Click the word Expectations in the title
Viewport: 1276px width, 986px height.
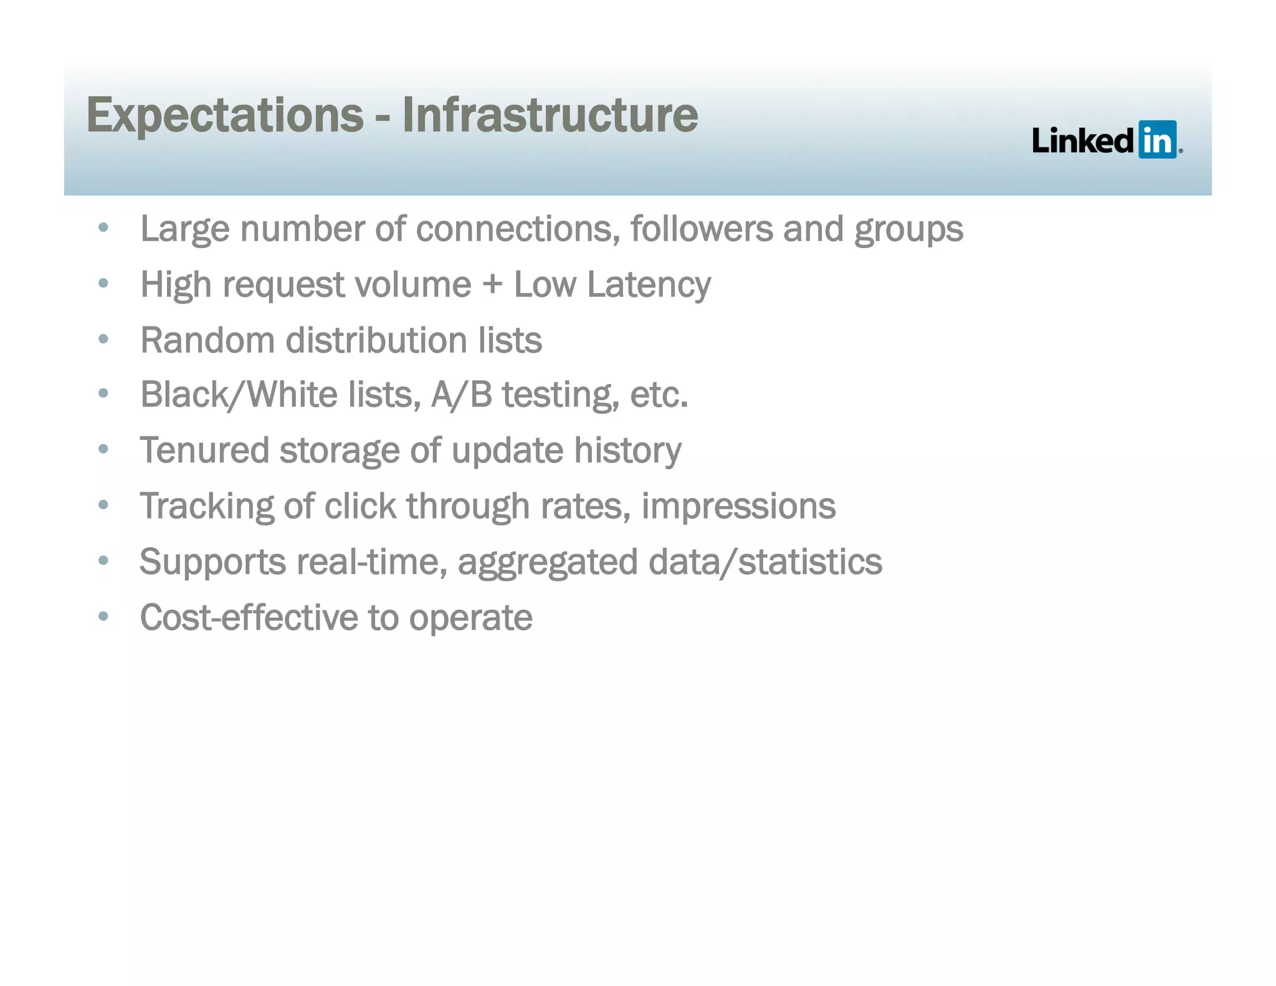(x=225, y=116)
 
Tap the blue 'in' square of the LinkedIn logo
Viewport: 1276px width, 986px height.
(x=1157, y=140)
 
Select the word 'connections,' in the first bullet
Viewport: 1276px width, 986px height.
(x=518, y=229)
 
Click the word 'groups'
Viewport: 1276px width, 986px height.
(x=908, y=230)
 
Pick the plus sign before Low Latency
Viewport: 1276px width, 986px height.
(x=492, y=285)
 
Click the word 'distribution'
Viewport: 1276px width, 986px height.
(x=376, y=340)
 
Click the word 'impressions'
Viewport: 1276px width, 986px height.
(x=738, y=505)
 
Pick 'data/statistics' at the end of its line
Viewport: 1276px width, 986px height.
(x=765, y=562)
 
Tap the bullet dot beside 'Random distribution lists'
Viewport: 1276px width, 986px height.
(x=103, y=340)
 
